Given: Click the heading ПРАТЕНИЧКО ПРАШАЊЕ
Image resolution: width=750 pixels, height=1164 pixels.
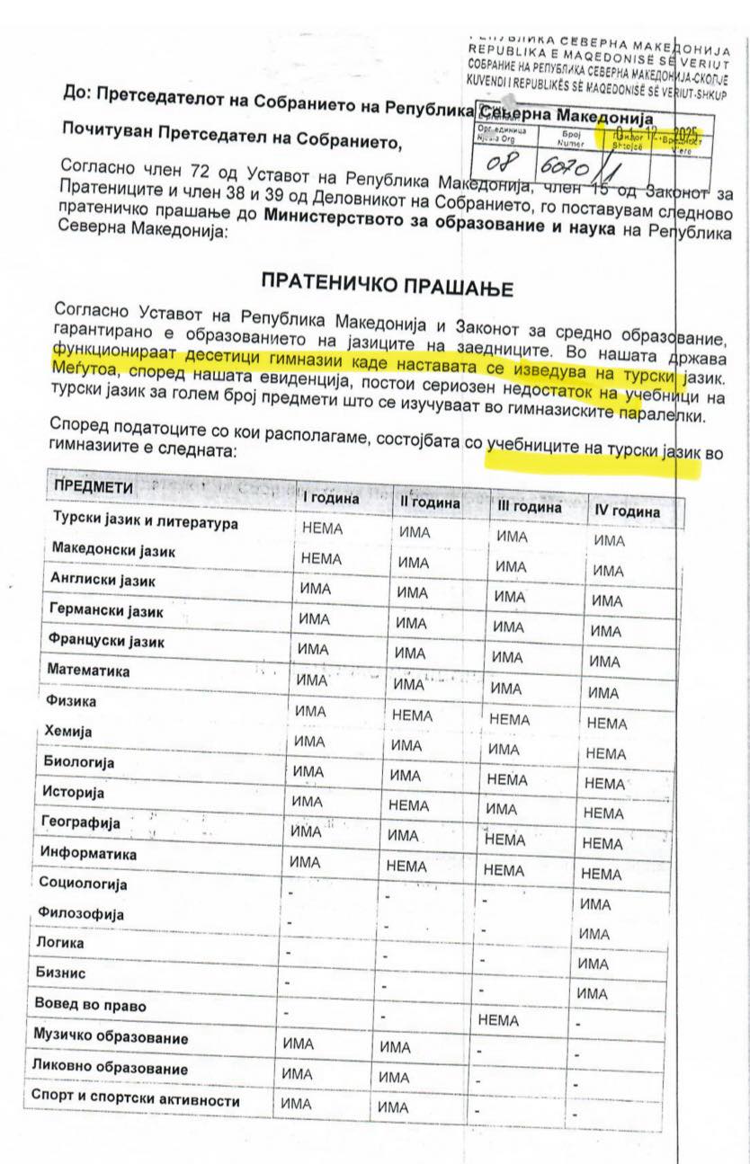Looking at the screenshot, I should (387, 283).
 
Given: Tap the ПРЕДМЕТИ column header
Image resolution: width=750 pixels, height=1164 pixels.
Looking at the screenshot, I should (94, 487).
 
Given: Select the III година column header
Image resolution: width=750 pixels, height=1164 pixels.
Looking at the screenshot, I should (529, 507).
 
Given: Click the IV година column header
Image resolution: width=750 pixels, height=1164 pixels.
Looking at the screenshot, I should (627, 511).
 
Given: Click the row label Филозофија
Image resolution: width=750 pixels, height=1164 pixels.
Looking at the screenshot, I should (80, 913).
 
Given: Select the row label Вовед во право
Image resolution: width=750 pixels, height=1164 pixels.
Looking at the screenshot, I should (90, 1004).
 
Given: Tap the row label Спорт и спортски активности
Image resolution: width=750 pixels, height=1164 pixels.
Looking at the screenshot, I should (135, 1099).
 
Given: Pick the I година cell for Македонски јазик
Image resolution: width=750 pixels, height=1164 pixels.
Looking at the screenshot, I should (321, 558).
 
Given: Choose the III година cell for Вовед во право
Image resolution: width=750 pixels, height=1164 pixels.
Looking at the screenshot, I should (499, 1020).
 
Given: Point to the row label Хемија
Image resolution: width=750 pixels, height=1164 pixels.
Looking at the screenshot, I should (67, 732).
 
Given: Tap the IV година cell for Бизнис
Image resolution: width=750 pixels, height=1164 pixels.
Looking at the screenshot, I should (593, 963).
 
